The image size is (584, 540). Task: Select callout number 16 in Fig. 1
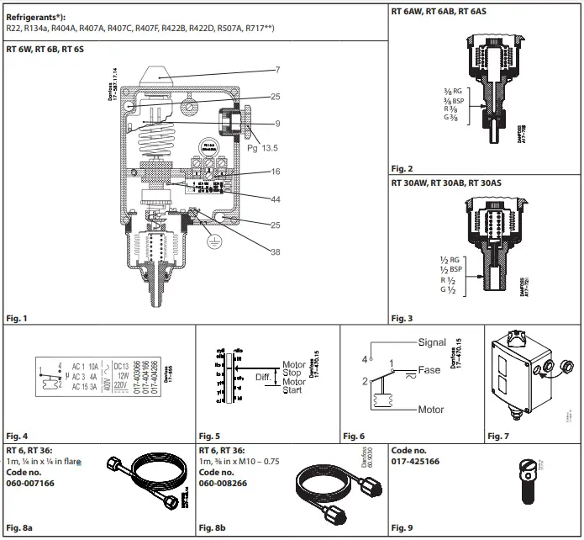pyautogui.click(x=276, y=171)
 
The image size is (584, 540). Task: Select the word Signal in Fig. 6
pyautogui.click(x=434, y=343)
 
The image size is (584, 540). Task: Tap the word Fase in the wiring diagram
pyautogui.click(x=430, y=370)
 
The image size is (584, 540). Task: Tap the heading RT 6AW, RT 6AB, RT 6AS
pyautogui.click(x=438, y=13)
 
